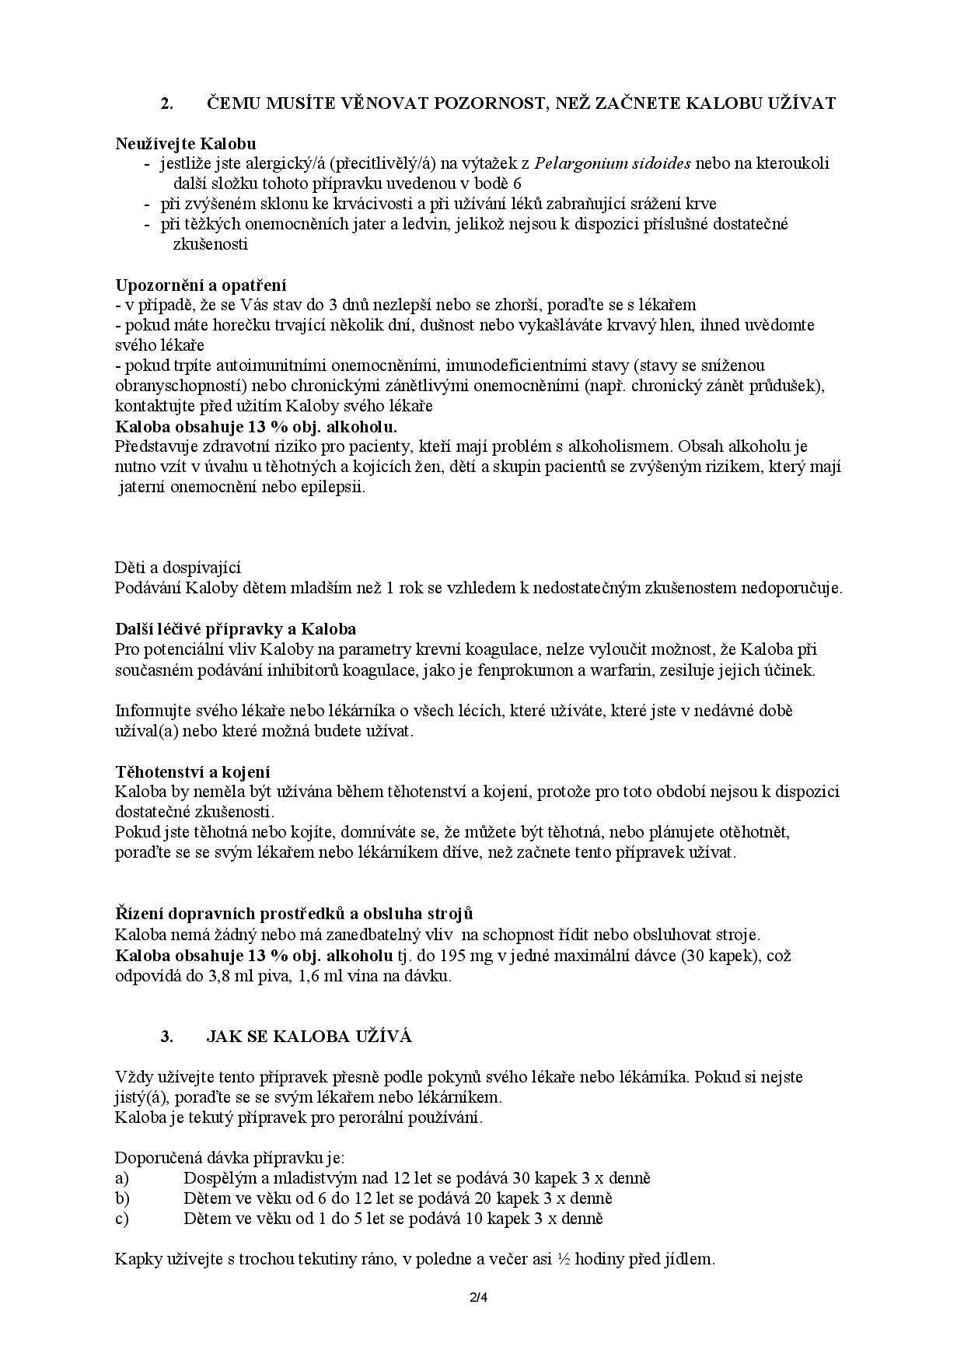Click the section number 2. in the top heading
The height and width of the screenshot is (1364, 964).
tap(166, 103)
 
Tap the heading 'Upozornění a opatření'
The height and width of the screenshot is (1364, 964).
tap(201, 285)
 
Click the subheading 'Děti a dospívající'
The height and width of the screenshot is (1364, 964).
tap(178, 568)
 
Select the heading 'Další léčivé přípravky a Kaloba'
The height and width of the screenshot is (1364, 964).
tap(236, 628)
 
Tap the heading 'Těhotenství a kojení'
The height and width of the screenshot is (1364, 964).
tap(193, 771)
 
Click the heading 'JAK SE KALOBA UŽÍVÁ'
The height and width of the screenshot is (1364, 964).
tap(309, 1037)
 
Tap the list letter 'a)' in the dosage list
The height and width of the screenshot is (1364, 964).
tap(122, 1178)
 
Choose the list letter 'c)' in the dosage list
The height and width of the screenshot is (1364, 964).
tap(122, 1219)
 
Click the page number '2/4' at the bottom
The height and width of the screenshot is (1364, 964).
tap(481, 1297)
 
